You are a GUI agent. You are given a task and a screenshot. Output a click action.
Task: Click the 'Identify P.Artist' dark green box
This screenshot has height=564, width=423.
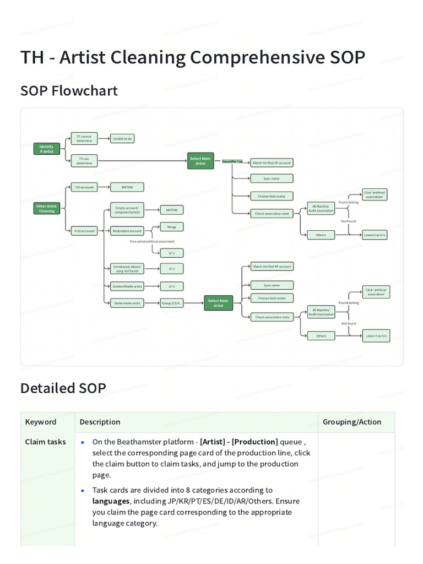point(47,149)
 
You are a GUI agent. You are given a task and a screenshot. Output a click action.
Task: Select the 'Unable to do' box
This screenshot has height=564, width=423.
point(122,139)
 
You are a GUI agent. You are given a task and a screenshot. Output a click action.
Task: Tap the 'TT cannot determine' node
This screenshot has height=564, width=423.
point(84,139)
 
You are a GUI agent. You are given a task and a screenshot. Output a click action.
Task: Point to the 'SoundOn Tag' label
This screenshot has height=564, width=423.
point(232,161)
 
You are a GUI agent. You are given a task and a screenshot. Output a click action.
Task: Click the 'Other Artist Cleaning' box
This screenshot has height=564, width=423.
point(47,209)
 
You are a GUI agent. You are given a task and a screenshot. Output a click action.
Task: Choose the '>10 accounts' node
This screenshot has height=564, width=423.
point(84,187)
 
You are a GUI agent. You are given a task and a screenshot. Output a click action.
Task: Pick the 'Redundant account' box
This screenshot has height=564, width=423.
point(127,231)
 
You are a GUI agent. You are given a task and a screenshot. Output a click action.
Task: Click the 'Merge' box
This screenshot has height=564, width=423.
point(171,226)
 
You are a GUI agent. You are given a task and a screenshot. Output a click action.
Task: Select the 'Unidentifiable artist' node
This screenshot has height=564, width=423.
point(127,286)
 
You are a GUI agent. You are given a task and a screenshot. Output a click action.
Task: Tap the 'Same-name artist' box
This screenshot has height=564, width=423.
point(127,303)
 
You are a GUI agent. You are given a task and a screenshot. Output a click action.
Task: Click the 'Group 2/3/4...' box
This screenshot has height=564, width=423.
point(171,303)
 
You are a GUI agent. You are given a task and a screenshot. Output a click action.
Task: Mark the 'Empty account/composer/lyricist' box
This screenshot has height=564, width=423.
point(127,210)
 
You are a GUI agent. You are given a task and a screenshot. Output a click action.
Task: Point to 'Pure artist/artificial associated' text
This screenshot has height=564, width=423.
point(152,242)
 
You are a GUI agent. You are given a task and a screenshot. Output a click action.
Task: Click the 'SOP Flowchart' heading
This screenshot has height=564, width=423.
point(69,90)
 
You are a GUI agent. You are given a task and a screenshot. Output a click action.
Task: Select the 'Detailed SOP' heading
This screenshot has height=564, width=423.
point(63,388)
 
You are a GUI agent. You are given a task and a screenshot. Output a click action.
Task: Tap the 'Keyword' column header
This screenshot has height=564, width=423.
point(41,422)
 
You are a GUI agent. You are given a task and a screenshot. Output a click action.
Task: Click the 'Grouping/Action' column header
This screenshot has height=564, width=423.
point(352,422)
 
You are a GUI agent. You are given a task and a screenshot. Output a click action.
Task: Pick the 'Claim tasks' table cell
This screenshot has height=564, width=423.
point(46,442)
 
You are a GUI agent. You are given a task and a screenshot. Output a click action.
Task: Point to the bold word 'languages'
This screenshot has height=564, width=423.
point(111,501)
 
